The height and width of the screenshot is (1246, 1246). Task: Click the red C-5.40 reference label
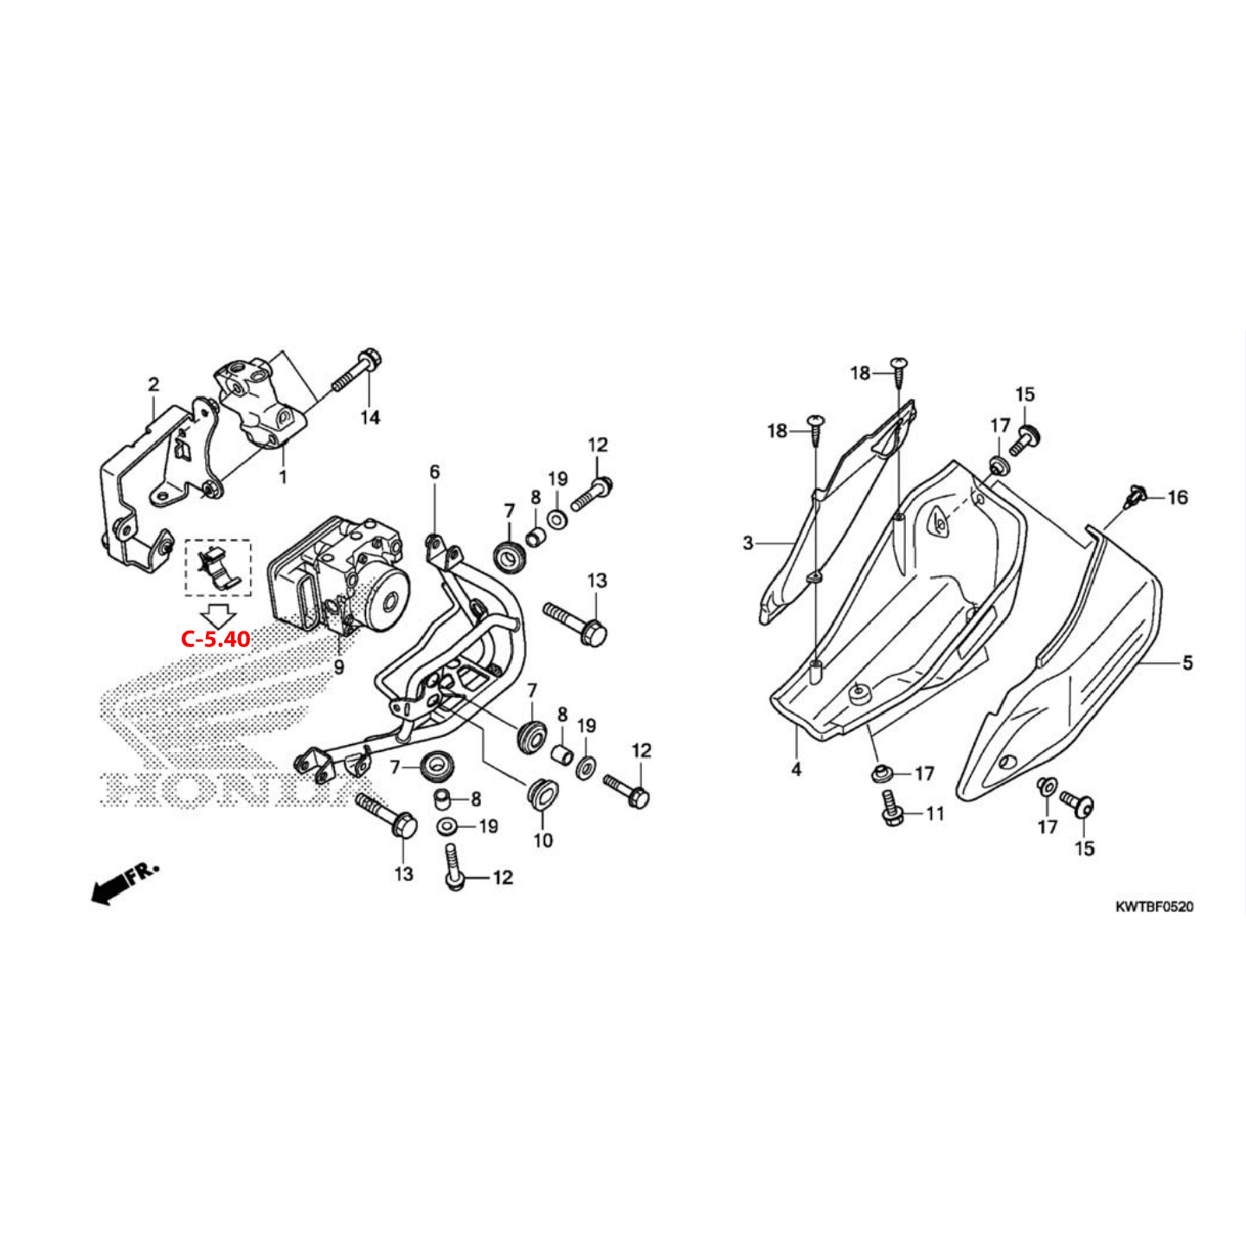(215, 639)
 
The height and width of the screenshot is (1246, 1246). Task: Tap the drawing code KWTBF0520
(1153, 907)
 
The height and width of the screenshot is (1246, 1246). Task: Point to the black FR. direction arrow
(124, 883)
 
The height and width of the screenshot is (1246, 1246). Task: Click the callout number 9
(339, 667)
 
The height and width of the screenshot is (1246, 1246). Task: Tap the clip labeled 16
(1135, 497)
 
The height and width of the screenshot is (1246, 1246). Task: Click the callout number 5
(1187, 663)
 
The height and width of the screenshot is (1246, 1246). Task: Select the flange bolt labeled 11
(891, 807)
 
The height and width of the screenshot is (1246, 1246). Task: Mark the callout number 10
(543, 840)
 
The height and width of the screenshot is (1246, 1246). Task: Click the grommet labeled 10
(541, 793)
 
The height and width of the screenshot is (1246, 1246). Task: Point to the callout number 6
(434, 472)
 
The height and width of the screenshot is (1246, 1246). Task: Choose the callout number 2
(153, 384)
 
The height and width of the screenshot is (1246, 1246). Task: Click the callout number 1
(282, 477)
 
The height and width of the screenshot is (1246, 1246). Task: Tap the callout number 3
(748, 543)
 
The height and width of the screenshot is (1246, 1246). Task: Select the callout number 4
(796, 768)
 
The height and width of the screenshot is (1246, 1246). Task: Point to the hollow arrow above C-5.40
(216, 615)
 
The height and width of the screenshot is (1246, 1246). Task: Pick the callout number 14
(370, 418)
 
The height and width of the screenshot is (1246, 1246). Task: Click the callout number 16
(1178, 498)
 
